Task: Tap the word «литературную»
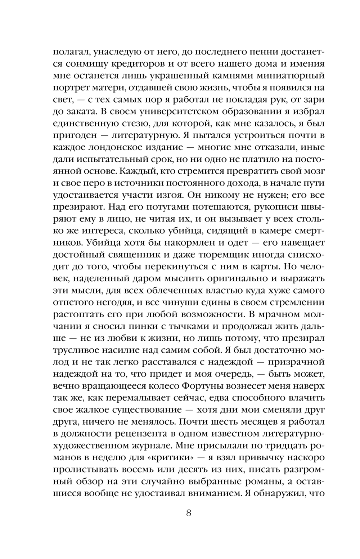pos(147,136)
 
